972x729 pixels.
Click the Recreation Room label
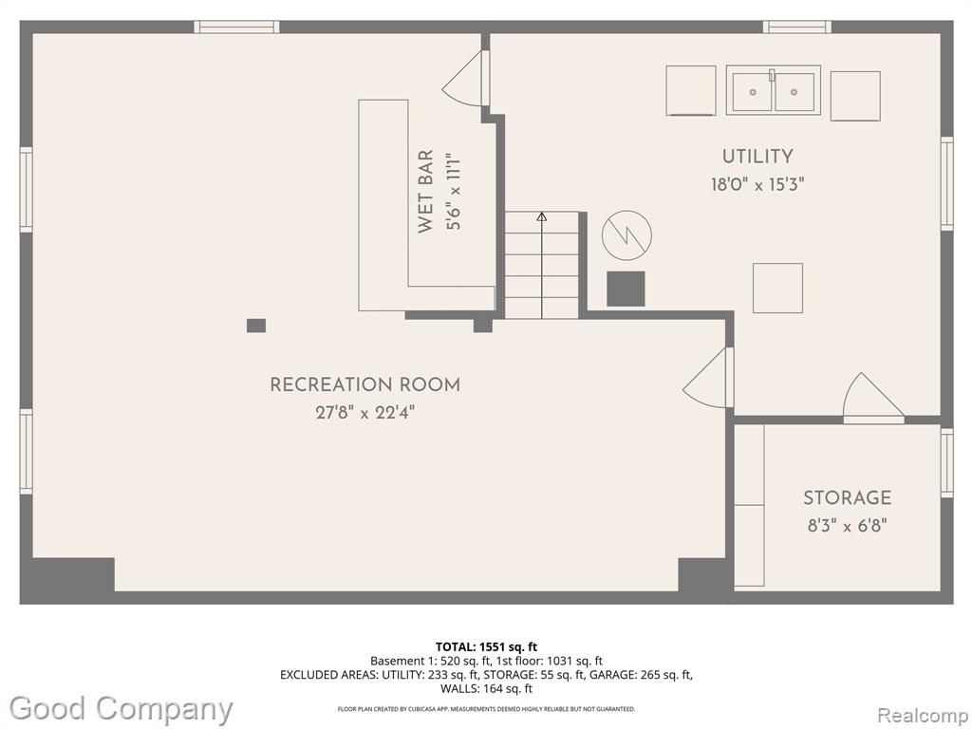pyautogui.click(x=365, y=385)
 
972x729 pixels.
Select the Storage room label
pyautogui.click(x=848, y=497)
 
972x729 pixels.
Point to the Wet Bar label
pyautogui.click(x=425, y=191)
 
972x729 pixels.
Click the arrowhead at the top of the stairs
pyautogui.click(x=542, y=216)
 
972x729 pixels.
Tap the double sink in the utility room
pyautogui.click(x=774, y=90)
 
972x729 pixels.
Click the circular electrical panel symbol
pyautogui.click(x=626, y=235)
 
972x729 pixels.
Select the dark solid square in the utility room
pyautogui.click(x=626, y=289)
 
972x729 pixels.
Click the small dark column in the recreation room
pyautogui.click(x=256, y=326)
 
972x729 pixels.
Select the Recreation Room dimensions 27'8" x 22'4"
pyautogui.click(x=365, y=412)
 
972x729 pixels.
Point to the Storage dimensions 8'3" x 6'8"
pyautogui.click(x=848, y=526)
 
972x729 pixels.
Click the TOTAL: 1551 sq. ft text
pyautogui.click(x=487, y=647)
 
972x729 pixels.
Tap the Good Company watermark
pyautogui.click(x=121, y=709)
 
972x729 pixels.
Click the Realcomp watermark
pyautogui.click(x=923, y=716)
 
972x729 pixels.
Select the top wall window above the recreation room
pyautogui.click(x=236, y=27)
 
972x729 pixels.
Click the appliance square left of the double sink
pyautogui.click(x=691, y=90)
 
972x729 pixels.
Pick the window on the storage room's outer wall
pyautogui.click(x=946, y=462)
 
